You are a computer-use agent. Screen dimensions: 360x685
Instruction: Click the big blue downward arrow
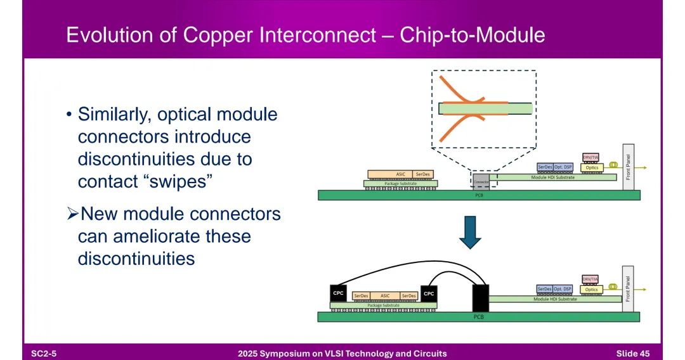(470, 233)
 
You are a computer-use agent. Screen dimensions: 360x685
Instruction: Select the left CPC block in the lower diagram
(339, 293)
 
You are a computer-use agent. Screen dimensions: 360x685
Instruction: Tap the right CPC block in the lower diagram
(429, 293)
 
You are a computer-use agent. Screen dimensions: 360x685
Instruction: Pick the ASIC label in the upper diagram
(400, 174)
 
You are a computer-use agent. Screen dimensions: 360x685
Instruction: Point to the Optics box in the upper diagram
(591, 167)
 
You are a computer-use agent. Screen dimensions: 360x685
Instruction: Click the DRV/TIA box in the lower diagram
(590, 279)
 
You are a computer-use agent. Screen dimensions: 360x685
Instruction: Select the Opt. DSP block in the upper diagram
(563, 167)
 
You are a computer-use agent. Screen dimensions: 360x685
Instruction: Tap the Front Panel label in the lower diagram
(628, 288)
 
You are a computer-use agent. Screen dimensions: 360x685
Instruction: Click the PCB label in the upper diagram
(479, 195)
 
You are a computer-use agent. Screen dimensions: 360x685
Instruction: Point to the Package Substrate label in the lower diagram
(383, 305)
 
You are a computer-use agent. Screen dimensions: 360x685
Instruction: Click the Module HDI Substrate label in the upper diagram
(553, 177)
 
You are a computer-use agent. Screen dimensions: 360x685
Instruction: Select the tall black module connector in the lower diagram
(480, 298)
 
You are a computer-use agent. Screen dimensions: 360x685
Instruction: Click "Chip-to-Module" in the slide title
(472, 35)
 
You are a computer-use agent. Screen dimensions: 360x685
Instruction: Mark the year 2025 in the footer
(249, 353)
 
